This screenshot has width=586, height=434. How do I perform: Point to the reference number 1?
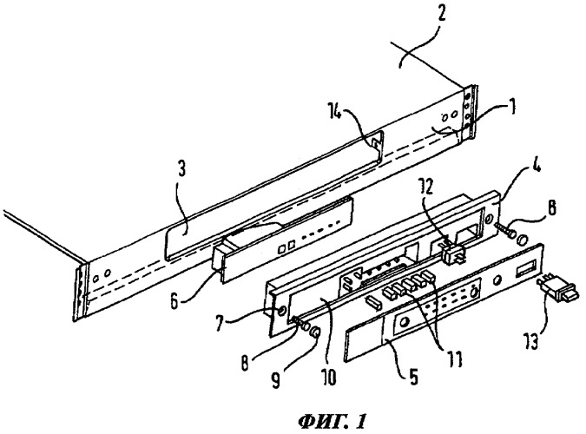[x=513, y=107]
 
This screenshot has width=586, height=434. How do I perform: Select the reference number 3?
[x=181, y=170]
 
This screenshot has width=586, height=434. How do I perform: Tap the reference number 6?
[x=174, y=301]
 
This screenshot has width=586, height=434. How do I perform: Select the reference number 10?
[x=328, y=378]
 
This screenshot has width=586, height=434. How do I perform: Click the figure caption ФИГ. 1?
[x=332, y=422]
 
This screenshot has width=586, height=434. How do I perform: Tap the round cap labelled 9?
[x=316, y=332]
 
